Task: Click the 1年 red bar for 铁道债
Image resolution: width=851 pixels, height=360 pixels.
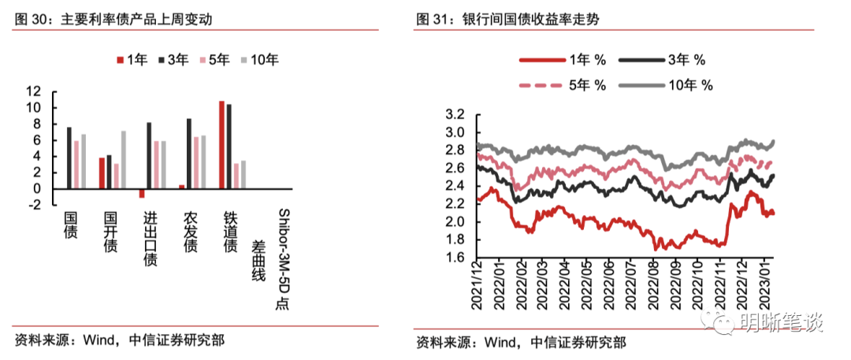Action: coord(221,145)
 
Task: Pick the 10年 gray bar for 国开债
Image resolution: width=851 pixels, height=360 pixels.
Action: coord(123,159)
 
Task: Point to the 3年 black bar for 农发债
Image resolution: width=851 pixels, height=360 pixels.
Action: coord(189,154)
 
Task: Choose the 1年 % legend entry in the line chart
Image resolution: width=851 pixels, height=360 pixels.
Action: coord(562,59)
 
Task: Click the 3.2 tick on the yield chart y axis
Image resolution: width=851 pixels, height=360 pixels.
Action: coord(456,114)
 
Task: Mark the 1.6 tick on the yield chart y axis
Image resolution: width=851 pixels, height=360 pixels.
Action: coord(456,257)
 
